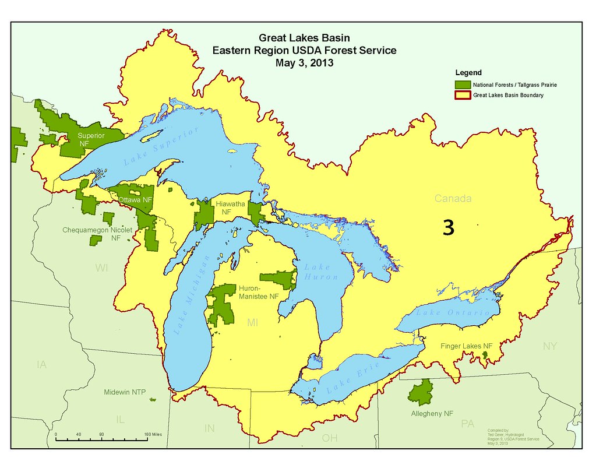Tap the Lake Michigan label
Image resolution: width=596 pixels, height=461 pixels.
coord(192,296)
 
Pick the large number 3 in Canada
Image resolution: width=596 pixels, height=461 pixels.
coord(448,228)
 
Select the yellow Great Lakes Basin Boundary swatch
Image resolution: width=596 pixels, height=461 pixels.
coord(463,95)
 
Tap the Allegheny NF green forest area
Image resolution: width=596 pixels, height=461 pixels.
coord(421,392)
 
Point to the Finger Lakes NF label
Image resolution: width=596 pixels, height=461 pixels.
coord(466,346)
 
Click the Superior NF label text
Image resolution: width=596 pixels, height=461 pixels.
coord(91,140)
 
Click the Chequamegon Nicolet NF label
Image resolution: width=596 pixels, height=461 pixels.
coord(97,234)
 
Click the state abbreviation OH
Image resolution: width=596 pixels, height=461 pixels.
coord(329,438)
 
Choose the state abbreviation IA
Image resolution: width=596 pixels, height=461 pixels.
coord(41,365)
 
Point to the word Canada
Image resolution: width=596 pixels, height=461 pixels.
coord(453,199)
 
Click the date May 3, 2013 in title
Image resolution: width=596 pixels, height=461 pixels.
coord(304,62)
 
